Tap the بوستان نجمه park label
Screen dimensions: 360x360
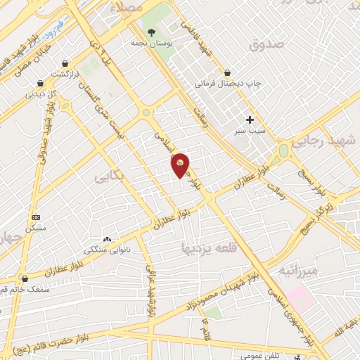coord(151,43)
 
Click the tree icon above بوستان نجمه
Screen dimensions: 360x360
coord(151,32)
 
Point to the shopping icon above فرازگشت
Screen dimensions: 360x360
coord(65,63)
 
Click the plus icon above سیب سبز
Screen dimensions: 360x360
coord(250,120)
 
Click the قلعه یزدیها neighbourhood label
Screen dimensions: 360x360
coord(210,247)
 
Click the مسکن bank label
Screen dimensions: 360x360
coord(36,228)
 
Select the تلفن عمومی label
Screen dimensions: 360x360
coord(261,355)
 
